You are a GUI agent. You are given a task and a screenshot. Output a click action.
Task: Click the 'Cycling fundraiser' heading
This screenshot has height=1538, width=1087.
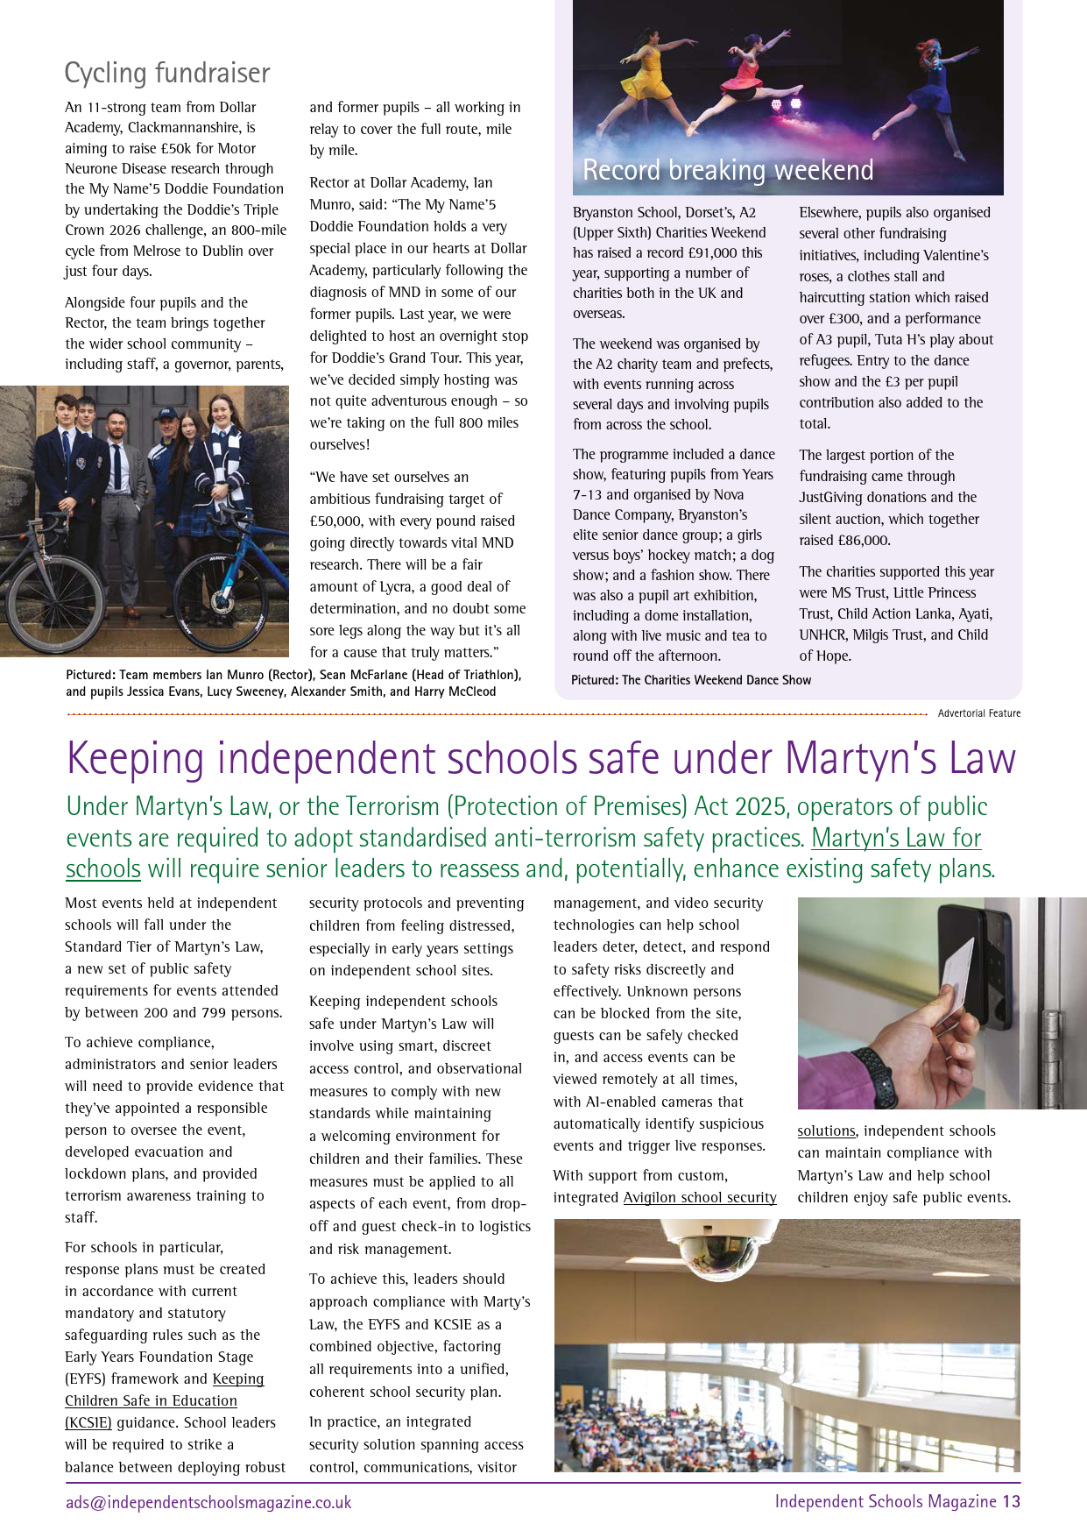pos(167,73)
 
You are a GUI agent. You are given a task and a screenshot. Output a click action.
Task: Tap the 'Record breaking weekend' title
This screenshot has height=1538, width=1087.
pos(728,169)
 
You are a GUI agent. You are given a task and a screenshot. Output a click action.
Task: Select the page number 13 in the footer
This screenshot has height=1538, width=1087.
pos(1012,1501)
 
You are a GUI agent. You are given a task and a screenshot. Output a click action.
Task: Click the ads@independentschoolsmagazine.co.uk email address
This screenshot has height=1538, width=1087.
pos(208,1502)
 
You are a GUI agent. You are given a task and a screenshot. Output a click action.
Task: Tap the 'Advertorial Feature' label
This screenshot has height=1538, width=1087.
pos(978,713)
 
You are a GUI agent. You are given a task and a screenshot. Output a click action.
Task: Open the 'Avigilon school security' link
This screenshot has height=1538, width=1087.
pos(700,1198)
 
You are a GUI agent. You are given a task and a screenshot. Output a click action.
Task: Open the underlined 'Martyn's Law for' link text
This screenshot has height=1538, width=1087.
pos(896,838)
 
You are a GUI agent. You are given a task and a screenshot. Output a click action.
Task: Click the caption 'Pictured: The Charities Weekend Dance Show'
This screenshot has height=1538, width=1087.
pos(691,680)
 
